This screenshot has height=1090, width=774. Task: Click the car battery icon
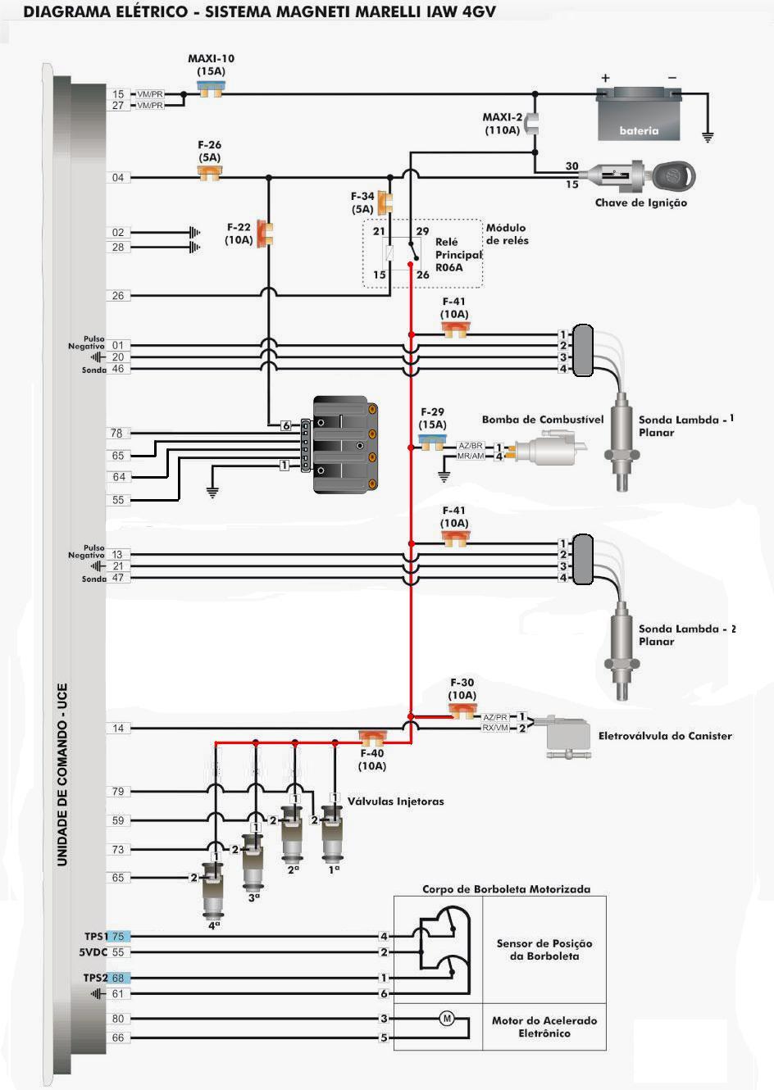[x=638, y=114]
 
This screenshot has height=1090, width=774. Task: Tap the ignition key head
[x=673, y=177]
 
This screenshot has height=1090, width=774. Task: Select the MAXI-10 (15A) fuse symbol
[x=210, y=89]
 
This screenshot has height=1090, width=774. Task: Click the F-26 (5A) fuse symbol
[x=210, y=173]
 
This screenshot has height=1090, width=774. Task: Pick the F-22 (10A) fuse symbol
[x=266, y=233]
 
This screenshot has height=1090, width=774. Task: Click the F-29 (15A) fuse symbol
[x=433, y=443]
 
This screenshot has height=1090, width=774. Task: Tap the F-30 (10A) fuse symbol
[x=462, y=712]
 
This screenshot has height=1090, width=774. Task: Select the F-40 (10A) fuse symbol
[x=372, y=738]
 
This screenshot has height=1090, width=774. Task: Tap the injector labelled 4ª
[x=213, y=892]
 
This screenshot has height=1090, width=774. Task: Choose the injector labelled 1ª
[x=333, y=834]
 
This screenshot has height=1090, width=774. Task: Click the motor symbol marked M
[x=446, y=1018]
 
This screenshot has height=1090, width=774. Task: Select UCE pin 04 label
[x=118, y=178]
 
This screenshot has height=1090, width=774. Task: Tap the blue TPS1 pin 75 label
[x=118, y=936]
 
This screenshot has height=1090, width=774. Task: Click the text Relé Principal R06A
[x=458, y=255]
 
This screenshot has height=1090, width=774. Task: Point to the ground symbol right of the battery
[x=708, y=137]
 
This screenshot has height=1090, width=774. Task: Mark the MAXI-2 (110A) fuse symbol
[x=534, y=124]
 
